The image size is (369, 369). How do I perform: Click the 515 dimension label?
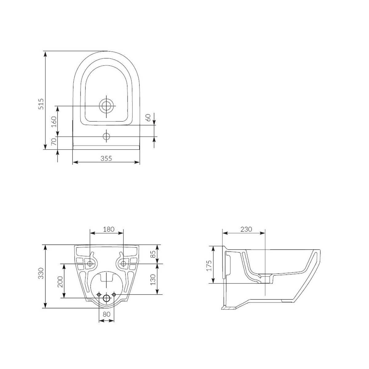point(41,104)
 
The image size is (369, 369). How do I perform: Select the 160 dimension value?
point(54,121)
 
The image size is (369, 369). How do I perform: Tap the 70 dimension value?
point(54,142)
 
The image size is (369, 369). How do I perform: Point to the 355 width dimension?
point(106,158)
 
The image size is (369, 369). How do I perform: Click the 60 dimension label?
point(148,117)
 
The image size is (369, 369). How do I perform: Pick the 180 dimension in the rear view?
point(109,229)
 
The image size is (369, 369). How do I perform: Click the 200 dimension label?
point(60,281)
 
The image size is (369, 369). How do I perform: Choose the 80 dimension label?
point(106,314)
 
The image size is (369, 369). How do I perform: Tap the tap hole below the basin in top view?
point(106,137)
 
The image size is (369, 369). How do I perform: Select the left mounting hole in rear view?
point(90,264)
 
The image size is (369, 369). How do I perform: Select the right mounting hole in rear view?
point(123,264)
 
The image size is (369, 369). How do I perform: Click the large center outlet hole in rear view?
point(106,298)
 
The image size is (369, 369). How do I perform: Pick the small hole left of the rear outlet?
point(99,295)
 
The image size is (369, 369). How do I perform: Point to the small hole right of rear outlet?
point(114,295)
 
